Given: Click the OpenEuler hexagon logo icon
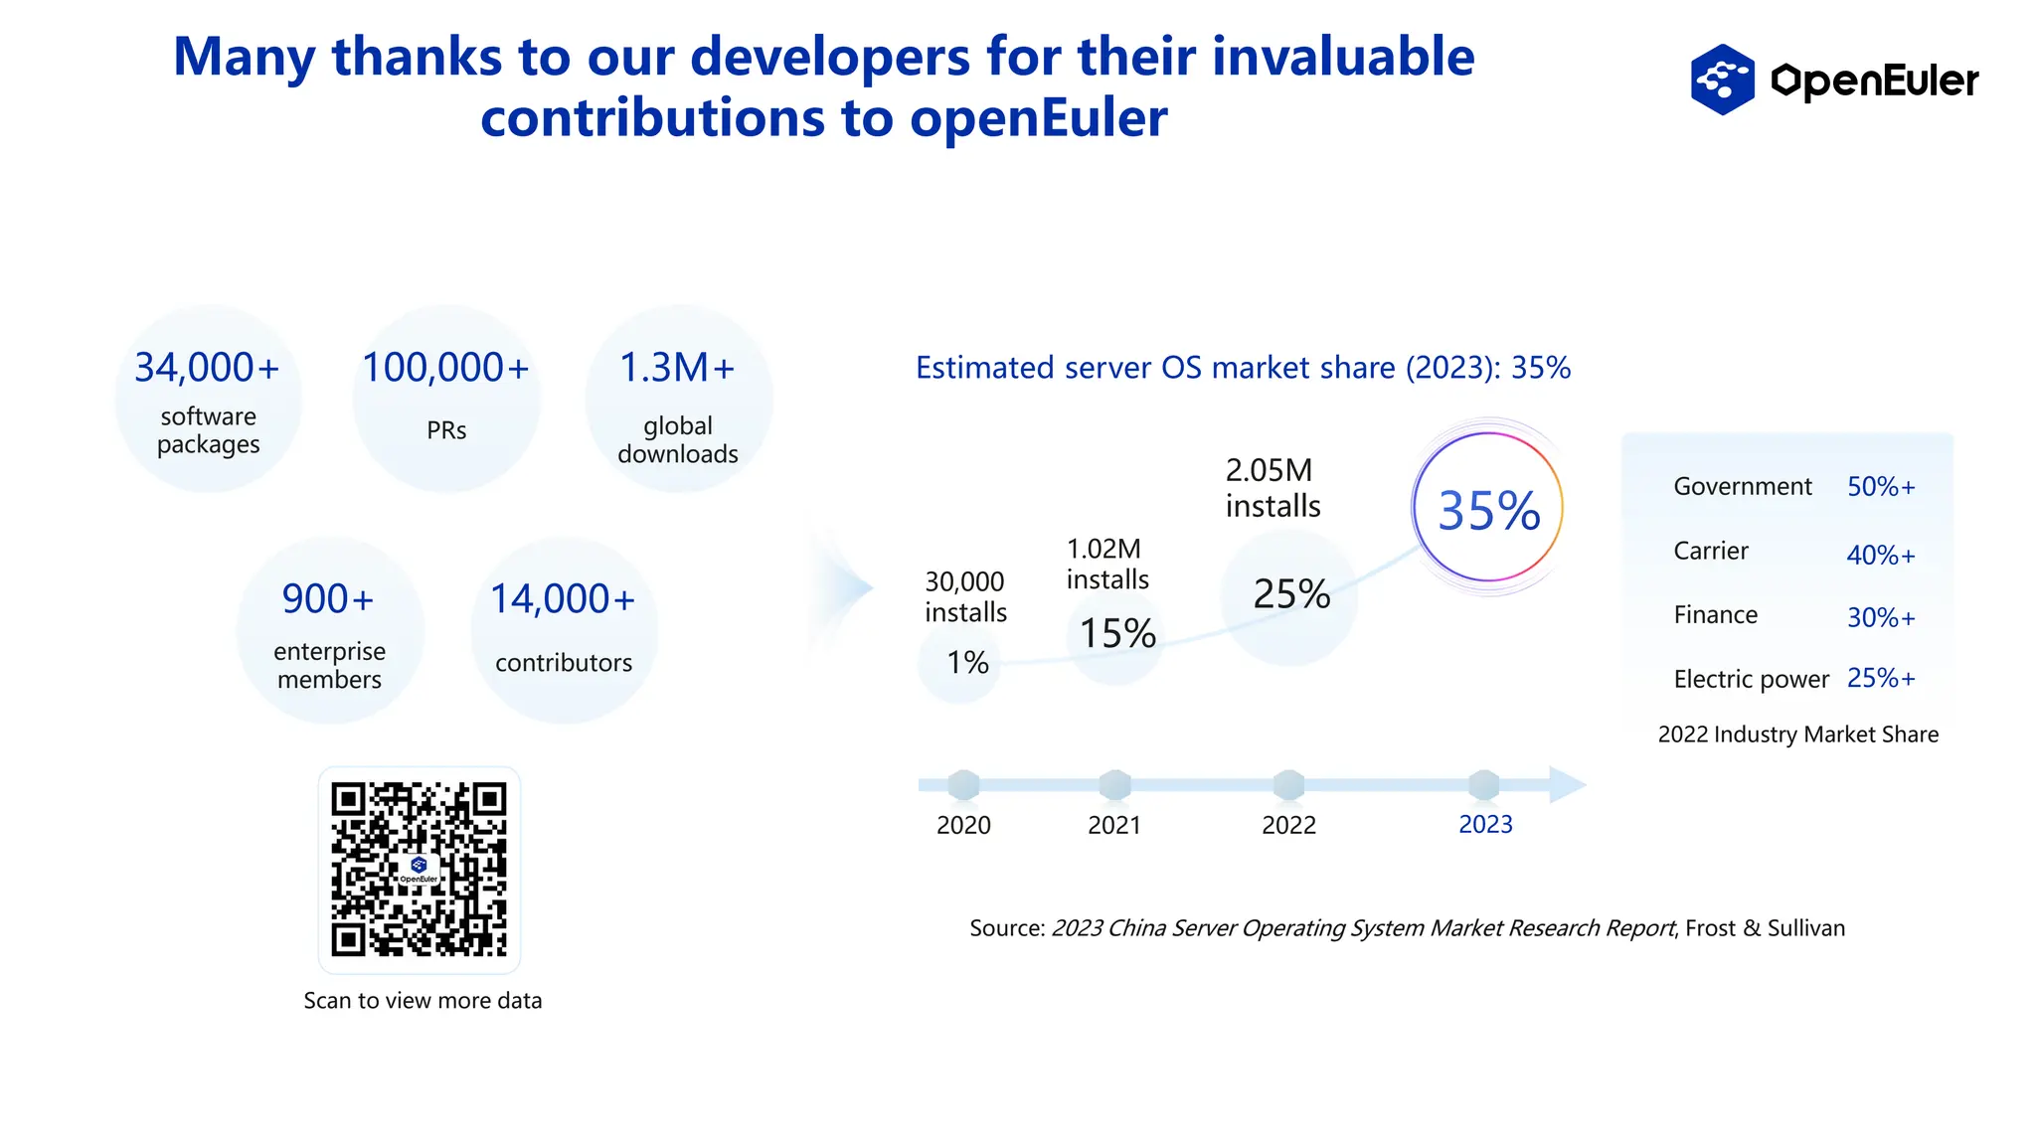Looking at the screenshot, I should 1722,80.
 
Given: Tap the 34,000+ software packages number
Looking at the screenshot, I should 207,368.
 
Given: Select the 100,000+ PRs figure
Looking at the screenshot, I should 445,368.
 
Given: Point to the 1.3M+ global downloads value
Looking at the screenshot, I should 677,368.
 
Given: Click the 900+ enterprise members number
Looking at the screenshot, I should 328,599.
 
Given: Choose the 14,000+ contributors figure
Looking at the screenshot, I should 563,599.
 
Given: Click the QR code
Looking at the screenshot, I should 419,870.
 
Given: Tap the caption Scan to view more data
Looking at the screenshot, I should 423,1001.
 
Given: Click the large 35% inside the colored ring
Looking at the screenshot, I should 1488,511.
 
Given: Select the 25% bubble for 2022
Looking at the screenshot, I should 1290,594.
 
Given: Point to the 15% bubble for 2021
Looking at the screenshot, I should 1117,634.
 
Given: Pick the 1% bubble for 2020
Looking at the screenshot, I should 966,663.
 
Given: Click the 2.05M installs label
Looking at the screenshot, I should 1272,488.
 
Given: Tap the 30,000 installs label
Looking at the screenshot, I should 965,596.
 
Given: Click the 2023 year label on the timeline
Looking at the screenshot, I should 1485,825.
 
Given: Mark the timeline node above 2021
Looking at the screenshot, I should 1114,785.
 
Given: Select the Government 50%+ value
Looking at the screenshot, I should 1880,487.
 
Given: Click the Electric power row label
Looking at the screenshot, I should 1751,679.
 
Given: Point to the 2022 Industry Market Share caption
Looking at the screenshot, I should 1797,735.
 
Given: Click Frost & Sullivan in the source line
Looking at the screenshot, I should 1765,928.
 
